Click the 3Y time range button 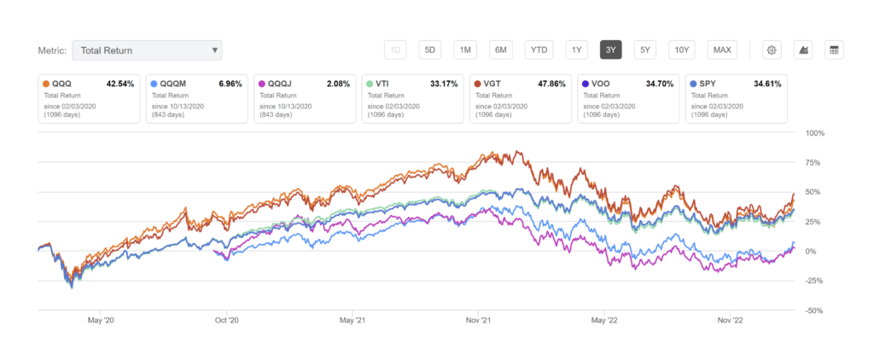(x=610, y=49)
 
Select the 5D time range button (x=430, y=49)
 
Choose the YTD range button (x=539, y=49)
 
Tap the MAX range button (x=722, y=49)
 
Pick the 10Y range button (x=682, y=49)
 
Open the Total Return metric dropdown (x=147, y=50)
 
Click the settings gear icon (x=771, y=49)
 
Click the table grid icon (x=834, y=49)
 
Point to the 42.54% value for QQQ (x=122, y=85)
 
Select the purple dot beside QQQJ (x=261, y=85)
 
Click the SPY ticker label (x=709, y=85)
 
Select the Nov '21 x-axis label (x=479, y=321)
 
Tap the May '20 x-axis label (x=102, y=321)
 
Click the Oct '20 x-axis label (x=226, y=321)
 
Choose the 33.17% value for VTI (x=446, y=85)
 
